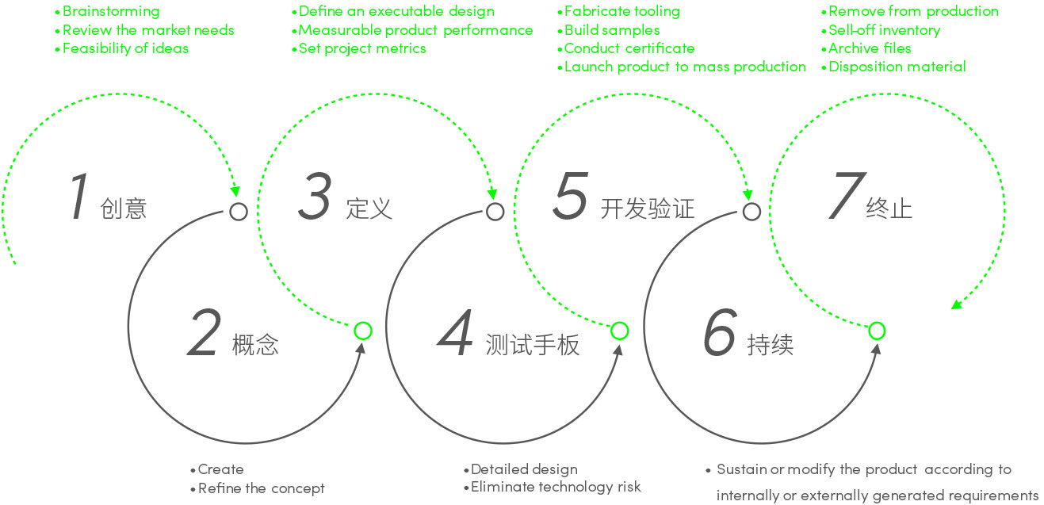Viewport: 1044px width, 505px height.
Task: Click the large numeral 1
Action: point(78,197)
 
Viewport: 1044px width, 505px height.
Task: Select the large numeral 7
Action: point(844,197)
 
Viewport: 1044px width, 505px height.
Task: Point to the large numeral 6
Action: point(720,333)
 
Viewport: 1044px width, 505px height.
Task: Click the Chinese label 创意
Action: point(124,209)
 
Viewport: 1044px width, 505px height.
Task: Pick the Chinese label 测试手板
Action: point(532,345)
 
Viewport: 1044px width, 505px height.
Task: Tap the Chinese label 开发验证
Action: point(647,209)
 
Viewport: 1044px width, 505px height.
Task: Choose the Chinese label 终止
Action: point(889,209)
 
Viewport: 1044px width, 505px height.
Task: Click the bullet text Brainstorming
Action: point(110,11)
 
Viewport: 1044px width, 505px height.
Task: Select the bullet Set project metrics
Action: point(361,48)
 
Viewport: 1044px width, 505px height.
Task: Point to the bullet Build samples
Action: point(611,30)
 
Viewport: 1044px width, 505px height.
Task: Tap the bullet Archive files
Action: point(869,48)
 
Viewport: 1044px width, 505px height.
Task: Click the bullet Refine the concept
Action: point(261,488)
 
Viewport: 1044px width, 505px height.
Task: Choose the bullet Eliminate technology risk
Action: point(555,487)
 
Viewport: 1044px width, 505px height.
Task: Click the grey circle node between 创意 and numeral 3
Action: point(239,212)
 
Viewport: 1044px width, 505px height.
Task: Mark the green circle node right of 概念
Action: point(362,331)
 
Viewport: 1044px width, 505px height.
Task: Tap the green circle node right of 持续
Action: point(877,331)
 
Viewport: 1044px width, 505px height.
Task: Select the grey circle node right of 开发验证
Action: point(751,212)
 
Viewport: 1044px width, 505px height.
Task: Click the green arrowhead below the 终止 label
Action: point(956,304)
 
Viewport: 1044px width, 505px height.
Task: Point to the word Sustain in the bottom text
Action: point(740,469)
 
